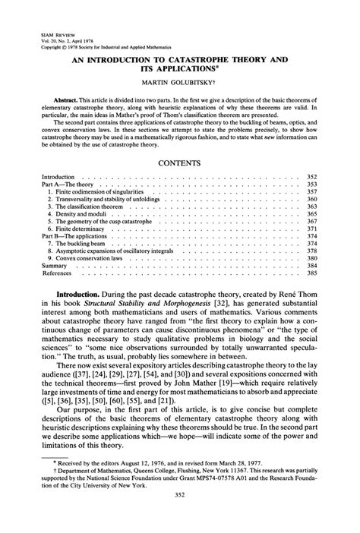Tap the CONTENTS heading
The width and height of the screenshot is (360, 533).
click(x=179, y=162)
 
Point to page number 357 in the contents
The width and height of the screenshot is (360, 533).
click(x=311, y=192)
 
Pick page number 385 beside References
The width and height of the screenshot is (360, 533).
click(x=311, y=273)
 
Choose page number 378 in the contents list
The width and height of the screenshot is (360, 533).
click(x=311, y=250)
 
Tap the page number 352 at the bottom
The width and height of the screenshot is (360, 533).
click(x=179, y=518)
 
